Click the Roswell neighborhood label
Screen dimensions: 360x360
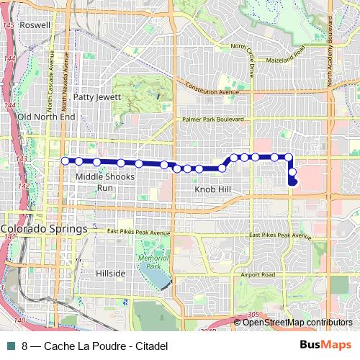point(37,24)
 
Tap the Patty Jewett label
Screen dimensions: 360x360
point(95,96)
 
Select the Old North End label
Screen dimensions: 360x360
point(46,117)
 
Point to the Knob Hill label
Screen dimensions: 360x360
point(214,189)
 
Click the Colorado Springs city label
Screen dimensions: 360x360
point(44,230)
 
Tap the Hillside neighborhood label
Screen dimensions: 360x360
point(111,274)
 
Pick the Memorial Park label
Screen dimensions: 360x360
point(148,262)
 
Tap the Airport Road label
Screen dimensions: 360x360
point(258,275)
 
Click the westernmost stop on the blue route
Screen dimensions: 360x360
point(65,161)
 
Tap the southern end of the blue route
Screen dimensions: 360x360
point(292,183)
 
